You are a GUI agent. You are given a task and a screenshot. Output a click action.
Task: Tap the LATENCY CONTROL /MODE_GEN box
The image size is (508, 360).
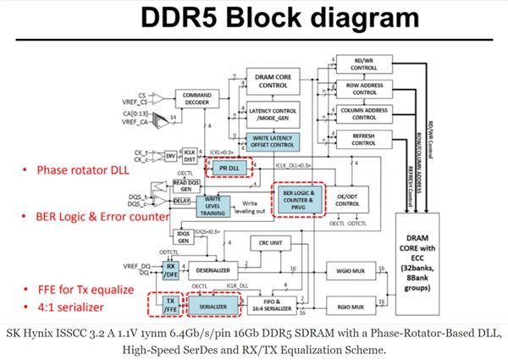[273, 112]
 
